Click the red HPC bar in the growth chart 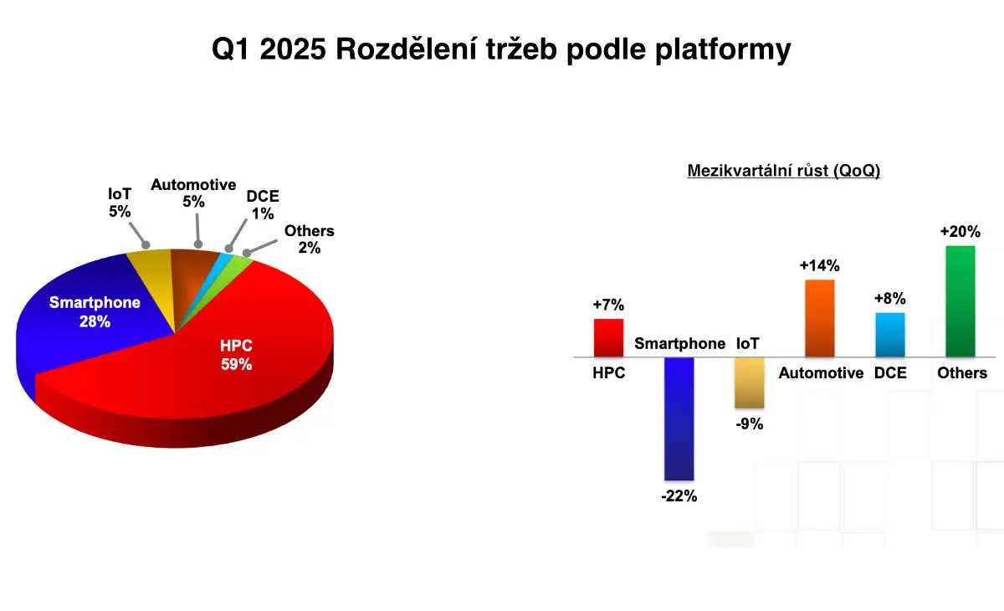click(x=608, y=337)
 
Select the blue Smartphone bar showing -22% click(x=679, y=418)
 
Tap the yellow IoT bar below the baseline click(x=749, y=383)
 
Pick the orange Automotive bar click(x=820, y=318)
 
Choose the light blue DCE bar click(x=890, y=335)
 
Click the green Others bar click(x=960, y=301)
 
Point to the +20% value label click(x=960, y=231)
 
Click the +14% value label click(x=819, y=266)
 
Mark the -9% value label click(x=750, y=424)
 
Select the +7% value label click(x=608, y=305)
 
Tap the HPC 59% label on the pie click(x=236, y=355)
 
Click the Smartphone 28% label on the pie click(x=95, y=312)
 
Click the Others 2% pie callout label click(x=310, y=239)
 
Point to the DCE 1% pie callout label click(x=263, y=205)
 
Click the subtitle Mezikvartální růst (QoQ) click(x=783, y=171)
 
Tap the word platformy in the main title click(x=723, y=49)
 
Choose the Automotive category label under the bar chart click(x=821, y=373)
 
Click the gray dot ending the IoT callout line click(x=146, y=245)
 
